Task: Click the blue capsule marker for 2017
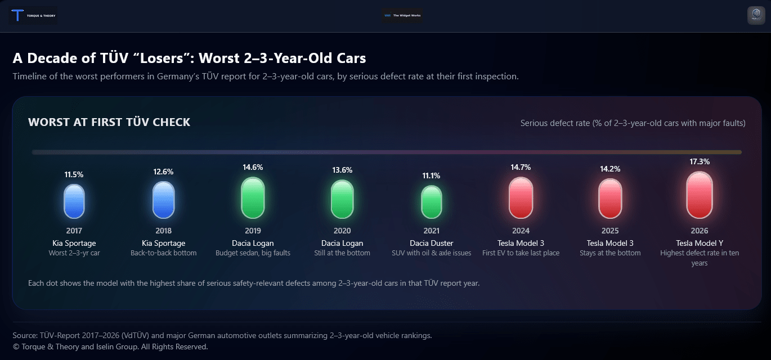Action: coord(74,201)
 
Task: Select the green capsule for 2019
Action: coord(253,197)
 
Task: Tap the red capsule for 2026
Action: coord(700,195)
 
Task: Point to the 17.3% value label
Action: coord(700,161)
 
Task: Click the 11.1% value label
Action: coord(431,175)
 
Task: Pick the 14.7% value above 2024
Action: coord(521,167)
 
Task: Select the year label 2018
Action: coord(163,231)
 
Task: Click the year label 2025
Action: coord(610,231)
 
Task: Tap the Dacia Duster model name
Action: coord(431,243)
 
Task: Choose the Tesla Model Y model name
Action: coord(700,243)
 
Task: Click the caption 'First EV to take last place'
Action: coord(521,253)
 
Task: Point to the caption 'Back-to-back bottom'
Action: coord(163,253)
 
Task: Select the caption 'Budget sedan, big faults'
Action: coord(253,253)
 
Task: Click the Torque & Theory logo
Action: coord(34,16)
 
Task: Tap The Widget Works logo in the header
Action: coord(402,16)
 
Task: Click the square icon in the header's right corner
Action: coord(756,16)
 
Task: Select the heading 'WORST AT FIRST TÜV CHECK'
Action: coord(109,122)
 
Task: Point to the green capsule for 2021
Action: coord(431,202)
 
